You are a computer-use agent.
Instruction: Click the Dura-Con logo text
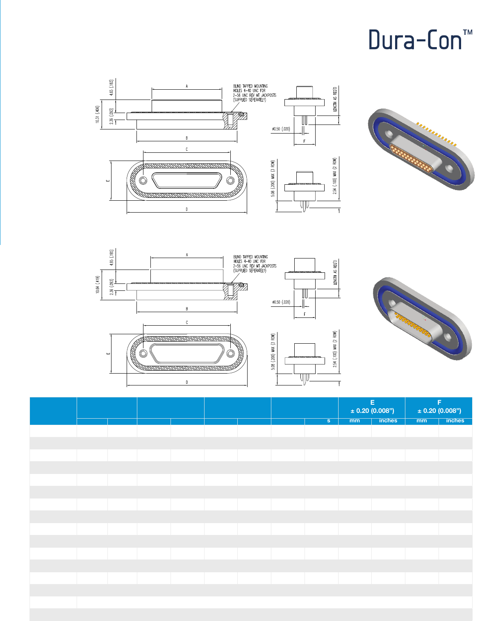point(415,40)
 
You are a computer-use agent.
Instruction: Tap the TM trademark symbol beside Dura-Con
point(468,32)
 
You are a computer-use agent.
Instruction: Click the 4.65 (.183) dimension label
point(111,88)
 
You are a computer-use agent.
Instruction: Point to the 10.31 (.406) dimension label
point(97,115)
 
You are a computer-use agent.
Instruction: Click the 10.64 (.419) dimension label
point(98,285)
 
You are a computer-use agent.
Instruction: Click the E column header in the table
point(372,402)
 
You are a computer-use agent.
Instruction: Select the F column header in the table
point(439,402)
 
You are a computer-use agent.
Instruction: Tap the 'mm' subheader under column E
point(355,421)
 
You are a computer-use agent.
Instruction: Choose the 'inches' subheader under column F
point(455,421)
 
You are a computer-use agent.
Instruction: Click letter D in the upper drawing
point(187,209)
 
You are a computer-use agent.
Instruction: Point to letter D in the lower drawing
point(187,382)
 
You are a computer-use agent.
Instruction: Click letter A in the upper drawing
point(187,86)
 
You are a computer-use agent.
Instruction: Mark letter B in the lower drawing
point(187,309)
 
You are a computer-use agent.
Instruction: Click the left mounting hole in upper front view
point(143,181)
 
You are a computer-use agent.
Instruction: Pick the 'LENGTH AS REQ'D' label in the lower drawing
point(335,272)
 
